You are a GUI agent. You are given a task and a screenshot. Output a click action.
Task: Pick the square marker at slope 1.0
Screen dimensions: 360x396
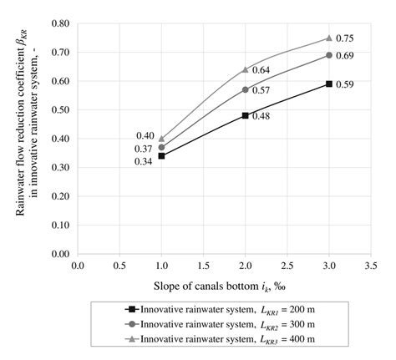(161, 155)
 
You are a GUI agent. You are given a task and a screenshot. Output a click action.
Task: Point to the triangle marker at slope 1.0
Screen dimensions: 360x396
(161, 139)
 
